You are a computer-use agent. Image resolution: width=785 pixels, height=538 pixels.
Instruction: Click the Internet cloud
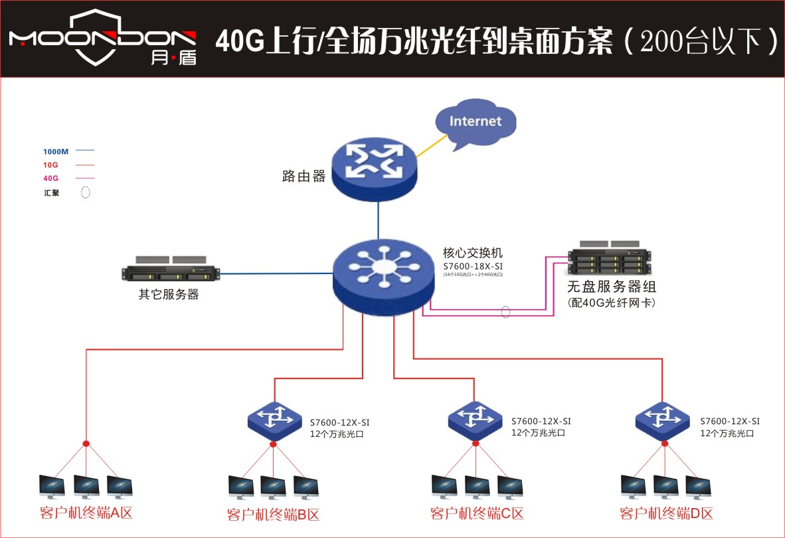click(475, 122)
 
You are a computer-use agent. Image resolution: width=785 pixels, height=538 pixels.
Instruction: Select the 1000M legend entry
click(56, 152)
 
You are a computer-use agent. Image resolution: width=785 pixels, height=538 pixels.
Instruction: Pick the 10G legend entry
click(50, 165)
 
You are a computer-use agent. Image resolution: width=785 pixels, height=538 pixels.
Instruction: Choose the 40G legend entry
click(50, 178)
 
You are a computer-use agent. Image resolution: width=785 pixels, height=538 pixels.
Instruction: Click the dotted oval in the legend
click(86, 194)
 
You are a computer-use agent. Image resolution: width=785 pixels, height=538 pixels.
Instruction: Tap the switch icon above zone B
click(274, 420)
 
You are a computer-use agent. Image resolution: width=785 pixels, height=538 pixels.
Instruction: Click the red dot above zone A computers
click(86, 444)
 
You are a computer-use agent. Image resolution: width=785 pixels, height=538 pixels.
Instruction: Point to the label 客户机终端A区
click(86, 513)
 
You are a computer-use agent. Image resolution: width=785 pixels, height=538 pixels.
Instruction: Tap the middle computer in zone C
click(477, 487)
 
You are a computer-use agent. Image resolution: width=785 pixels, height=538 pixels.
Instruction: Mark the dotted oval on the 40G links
click(506, 311)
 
